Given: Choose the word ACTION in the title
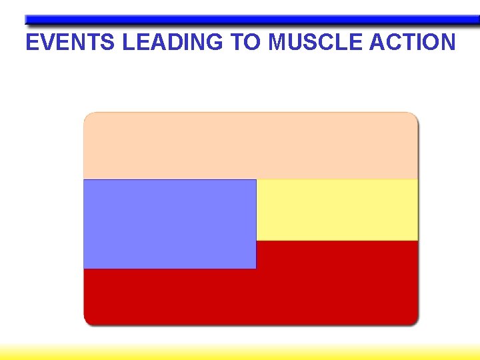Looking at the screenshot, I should point(413,43).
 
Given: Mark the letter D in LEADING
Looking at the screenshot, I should point(176,43).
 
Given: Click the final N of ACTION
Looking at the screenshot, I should point(447,43).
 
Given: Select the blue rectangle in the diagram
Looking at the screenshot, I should point(169,224).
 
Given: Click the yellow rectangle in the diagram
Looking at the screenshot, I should point(337,210).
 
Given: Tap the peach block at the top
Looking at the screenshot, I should point(251,145).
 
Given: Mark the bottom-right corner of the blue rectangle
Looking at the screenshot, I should point(255,268).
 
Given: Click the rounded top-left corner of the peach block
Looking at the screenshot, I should point(87,116).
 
